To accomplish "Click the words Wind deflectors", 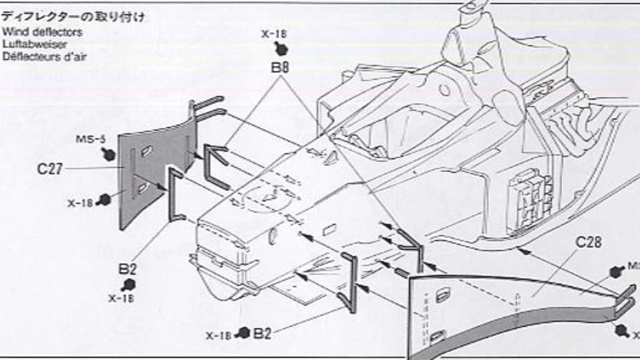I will [42, 31].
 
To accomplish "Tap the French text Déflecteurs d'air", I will [44, 56].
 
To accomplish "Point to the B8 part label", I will [279, 67].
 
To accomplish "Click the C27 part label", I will [50, 169].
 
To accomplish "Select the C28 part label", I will [588, 242].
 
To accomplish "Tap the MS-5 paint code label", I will [90, 139].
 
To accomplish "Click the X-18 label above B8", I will [274, 34].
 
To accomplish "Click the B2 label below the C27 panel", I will [127, 269].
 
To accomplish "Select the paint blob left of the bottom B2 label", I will [244, 333].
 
